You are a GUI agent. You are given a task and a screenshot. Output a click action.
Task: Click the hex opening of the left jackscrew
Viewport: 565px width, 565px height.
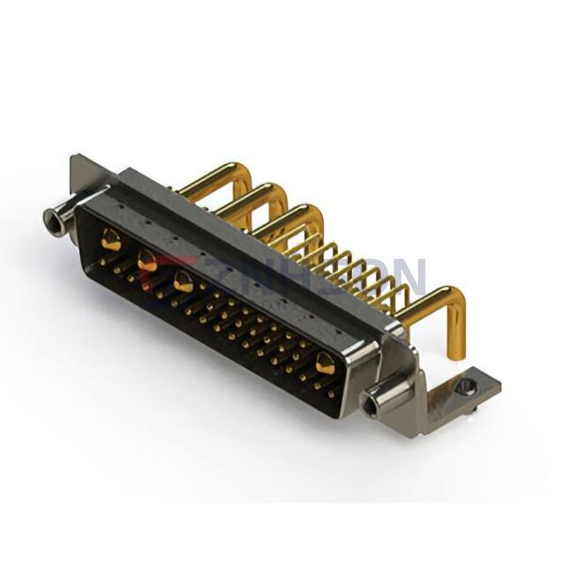(52, 223)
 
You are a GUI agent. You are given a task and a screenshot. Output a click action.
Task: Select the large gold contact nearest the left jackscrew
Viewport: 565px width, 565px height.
(111, 241)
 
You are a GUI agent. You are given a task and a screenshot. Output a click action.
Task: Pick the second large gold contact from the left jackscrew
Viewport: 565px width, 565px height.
(148, 261)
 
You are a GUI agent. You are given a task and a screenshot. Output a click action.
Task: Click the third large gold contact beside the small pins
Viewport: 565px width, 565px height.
(184, 282)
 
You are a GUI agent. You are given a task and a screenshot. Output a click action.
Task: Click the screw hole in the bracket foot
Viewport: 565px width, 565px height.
(462, 386)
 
